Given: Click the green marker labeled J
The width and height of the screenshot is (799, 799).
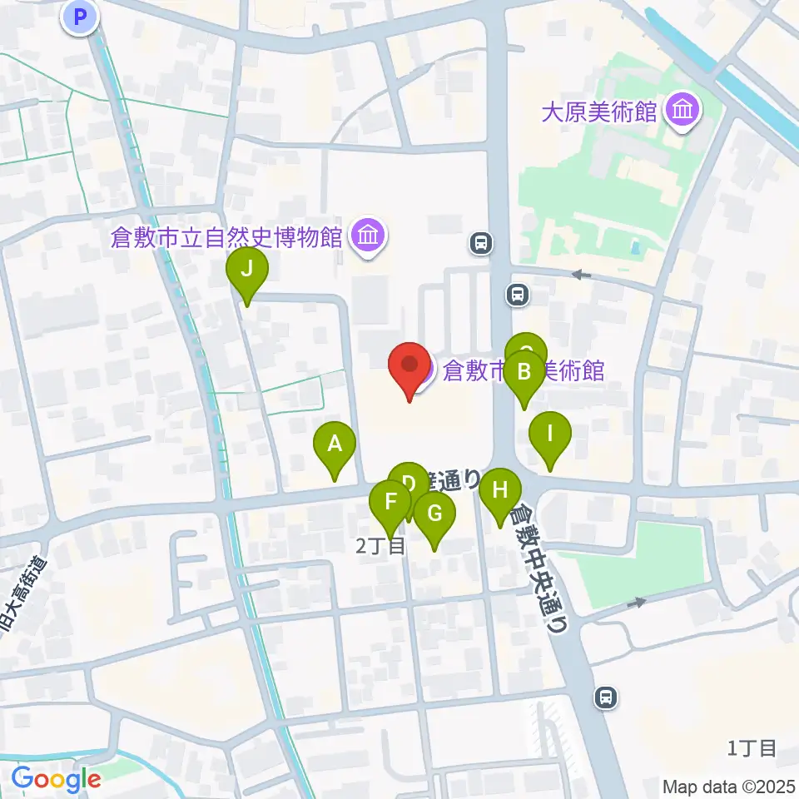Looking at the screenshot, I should [247, 270].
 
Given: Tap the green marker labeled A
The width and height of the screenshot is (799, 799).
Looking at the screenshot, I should [335, 444].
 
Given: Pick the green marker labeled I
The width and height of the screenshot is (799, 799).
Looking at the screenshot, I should [549, 434].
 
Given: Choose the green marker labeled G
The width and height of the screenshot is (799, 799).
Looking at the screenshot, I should [434, 514].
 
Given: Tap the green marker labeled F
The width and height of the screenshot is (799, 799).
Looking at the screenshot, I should [390, 503].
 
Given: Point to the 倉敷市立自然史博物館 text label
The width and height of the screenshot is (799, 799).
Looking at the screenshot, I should [227, 238].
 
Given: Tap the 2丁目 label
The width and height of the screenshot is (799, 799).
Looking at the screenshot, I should [380, 547].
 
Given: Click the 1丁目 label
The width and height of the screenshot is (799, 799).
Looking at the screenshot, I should [752, 748].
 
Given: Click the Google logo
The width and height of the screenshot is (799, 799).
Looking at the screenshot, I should [56, 780].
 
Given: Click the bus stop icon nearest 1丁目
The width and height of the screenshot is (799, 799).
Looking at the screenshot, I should [607, 697].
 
